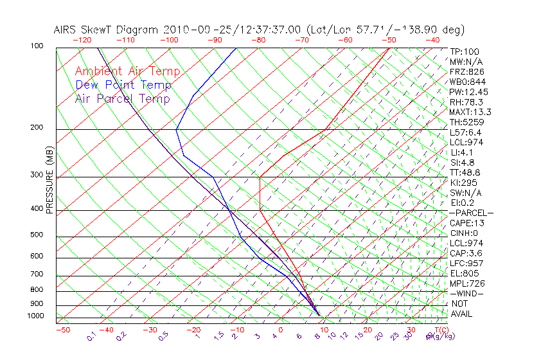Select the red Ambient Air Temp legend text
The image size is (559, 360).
tap(128, 71)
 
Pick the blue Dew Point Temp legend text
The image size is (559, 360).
tap(123, 85)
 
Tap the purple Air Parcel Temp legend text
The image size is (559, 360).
tap(123, 98)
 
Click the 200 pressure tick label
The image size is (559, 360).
tap(37, 127)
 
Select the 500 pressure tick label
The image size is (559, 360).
tap(37, 235)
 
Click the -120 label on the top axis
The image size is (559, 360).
tap(82, 40)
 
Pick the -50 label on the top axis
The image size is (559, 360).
tap(389, 40)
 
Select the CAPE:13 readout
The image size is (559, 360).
tap(467, 223)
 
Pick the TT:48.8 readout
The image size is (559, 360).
tap(466, 172)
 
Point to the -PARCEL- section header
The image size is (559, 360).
tap(471, 213)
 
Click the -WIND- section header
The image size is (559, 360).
tap(467, 293)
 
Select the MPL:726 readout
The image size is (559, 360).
tap(467, 283)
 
